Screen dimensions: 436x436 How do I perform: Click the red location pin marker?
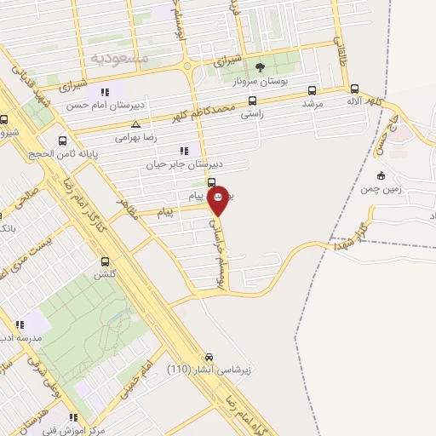tap(218, 198)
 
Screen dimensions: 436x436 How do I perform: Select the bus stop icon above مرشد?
tap(313, 90)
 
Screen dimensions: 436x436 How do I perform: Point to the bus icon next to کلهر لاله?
tap(354, 89)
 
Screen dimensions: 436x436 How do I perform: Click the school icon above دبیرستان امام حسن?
tap(105, 92)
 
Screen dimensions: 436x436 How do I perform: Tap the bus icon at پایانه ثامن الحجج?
tap(61, 141)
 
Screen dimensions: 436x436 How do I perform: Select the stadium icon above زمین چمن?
tap(381, 176)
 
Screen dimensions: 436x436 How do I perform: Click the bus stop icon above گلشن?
tap(106, 261)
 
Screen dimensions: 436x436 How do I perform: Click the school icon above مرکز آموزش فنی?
tap(73, 417)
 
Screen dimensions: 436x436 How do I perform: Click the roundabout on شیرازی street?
tap(188, 66)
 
